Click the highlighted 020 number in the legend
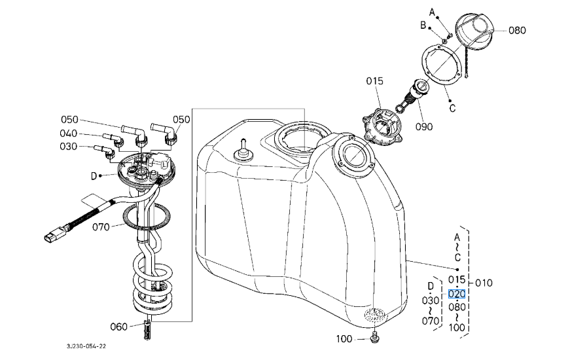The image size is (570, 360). click(457, 293)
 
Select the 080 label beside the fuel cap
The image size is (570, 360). click(517, 30)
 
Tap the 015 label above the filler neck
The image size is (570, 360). click(374, 81)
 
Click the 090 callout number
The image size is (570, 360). click(424, 126)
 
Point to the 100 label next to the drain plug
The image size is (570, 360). click(344, 339)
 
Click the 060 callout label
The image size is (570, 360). click(119, 327)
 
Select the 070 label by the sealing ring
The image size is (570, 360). click(101, 227)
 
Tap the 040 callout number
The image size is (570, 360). click(68, 134)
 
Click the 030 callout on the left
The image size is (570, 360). click(68, 146)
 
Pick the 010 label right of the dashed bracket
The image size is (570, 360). click(484, 283)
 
